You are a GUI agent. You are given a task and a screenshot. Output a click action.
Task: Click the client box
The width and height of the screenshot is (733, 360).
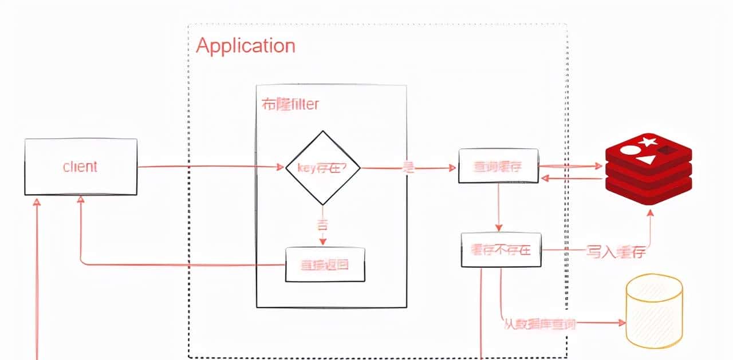(x=81, y=167)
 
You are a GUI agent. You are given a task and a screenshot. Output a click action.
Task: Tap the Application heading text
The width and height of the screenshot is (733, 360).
(x=246, y=46)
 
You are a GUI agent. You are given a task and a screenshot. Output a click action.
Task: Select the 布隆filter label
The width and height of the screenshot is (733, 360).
(x=290, y=104)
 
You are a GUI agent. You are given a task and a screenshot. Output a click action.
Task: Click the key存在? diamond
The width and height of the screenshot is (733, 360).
(x=323, y=167)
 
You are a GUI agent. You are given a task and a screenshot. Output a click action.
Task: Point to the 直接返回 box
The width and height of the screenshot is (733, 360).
(x=325, y=264)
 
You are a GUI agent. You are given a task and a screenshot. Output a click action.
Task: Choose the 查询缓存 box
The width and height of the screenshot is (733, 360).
(x=498, y=166)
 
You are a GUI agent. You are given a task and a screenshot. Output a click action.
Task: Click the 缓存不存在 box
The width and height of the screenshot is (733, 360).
(x=501, y=250)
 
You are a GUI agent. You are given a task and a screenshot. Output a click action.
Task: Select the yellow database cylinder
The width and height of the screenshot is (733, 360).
(x=654, y=312)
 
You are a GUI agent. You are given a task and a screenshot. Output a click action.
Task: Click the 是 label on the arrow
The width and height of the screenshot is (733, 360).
(x=408, y=168)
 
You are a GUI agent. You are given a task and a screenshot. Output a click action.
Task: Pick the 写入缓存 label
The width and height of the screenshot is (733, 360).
(x=615, y=251)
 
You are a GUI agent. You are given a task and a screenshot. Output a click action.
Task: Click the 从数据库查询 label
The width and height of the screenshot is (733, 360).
(x=539, y=325)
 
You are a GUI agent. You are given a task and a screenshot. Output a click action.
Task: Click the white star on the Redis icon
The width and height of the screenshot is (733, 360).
(x=648, y=141)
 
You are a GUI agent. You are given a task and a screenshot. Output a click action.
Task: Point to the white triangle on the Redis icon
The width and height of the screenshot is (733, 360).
(x=645, y=159)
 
